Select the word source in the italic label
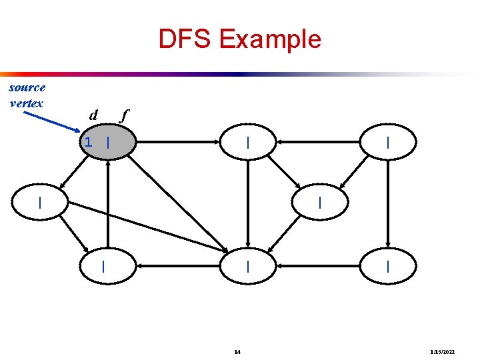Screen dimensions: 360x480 [27, 87]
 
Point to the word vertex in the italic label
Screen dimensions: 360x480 [27, 103]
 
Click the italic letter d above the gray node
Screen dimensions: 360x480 [94, 115]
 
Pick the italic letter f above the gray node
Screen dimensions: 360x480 [122, 115]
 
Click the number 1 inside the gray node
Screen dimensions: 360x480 [88, 142]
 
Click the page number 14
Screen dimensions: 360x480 [237, 351]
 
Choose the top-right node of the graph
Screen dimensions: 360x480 [387, 143]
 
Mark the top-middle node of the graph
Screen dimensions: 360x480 [248, 143]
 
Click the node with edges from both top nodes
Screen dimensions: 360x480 [320, 202]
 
